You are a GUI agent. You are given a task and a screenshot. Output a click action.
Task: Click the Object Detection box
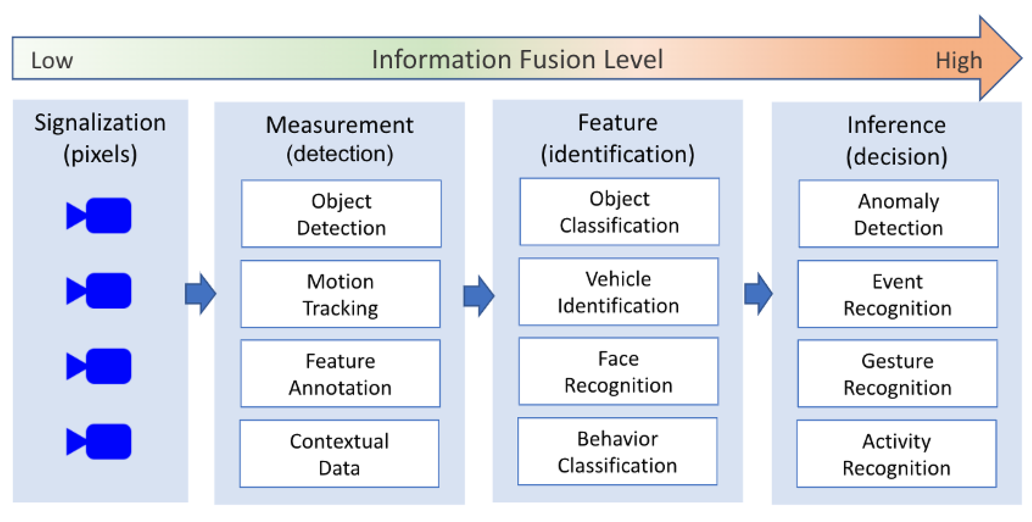341,214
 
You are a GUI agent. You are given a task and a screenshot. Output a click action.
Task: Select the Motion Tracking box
340,294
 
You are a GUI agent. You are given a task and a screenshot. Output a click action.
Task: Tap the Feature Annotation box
340,373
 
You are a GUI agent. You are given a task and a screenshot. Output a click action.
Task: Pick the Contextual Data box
339,453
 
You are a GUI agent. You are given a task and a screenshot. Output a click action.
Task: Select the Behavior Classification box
617,451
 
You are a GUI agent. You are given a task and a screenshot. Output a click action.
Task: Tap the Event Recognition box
897,294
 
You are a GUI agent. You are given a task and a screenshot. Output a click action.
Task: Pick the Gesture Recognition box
897,373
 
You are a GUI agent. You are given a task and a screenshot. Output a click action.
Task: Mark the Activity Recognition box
897,453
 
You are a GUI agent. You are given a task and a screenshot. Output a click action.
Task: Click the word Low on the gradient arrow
52,61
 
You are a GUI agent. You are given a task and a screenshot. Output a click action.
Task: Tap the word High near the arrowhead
959,61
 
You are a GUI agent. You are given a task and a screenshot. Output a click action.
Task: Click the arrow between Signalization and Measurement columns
200,294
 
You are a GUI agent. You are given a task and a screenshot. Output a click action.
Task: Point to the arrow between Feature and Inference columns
758,294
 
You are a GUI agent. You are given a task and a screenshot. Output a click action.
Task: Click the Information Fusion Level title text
517,59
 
